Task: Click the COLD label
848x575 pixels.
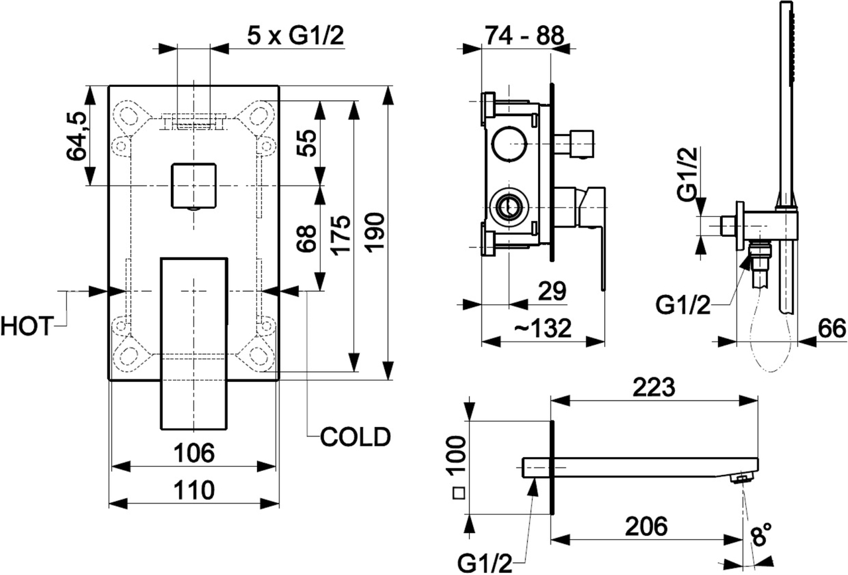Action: click(x=355, y=436)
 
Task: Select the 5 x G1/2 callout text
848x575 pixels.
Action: click(x=295, y=36)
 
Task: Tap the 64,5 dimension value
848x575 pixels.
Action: click(x=78, y=136)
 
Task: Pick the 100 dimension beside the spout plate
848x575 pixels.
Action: click(x=458, y=458)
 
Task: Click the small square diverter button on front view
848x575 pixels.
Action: click(x=193, y=186)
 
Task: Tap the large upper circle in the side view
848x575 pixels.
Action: click(x=510, y=143)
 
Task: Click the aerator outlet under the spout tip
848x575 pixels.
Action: click(x=741, y=478)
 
